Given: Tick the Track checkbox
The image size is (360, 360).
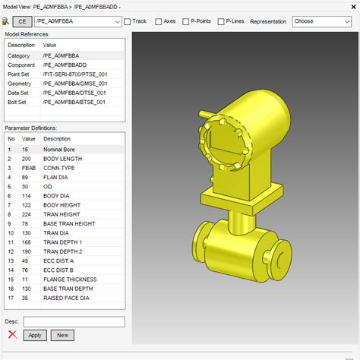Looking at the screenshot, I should (128, 21).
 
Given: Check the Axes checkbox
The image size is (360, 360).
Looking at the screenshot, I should (159, 21).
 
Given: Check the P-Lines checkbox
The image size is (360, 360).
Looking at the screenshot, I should (221, 21).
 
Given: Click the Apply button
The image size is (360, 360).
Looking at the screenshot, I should (34, 335).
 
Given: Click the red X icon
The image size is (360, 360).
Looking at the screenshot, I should (12, 335).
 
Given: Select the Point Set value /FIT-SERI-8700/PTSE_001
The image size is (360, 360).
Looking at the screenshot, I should (75, 74).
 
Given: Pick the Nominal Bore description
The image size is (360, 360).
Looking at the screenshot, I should (62, 149).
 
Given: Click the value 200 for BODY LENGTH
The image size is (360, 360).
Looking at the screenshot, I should (27, 158).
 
